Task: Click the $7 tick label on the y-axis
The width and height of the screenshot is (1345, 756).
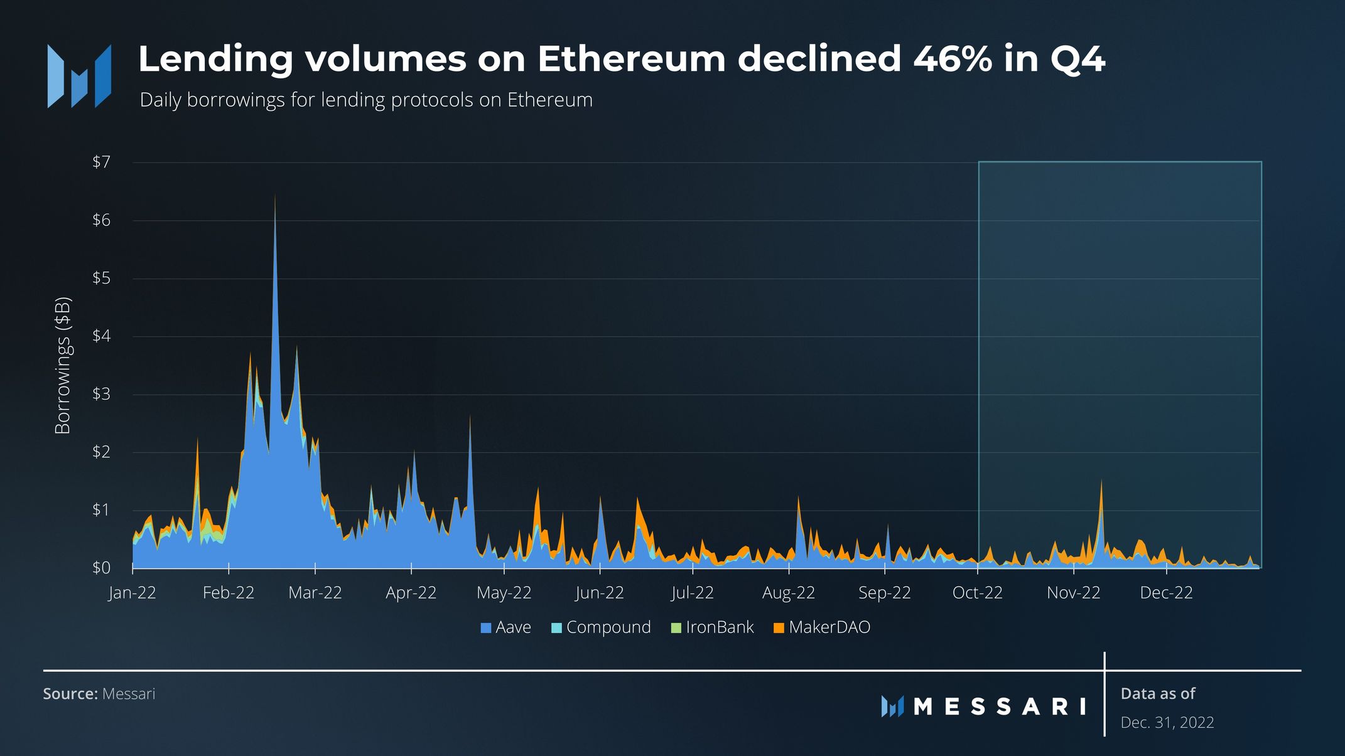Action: click(x=101, y=162)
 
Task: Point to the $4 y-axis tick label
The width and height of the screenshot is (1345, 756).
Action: click(x=101, y=336)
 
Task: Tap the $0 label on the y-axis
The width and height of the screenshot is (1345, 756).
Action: click(x=101, y=568)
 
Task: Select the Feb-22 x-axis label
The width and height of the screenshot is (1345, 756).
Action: click(x=229, y=593)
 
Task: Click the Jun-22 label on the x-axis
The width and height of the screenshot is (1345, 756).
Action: click(x=600, y=593)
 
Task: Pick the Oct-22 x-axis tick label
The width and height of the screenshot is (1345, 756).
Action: click(x=978, y=593)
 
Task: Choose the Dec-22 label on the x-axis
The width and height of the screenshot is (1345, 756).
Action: click(x=1166, y=593)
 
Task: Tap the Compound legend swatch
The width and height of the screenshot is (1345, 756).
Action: click(x=556, y=627)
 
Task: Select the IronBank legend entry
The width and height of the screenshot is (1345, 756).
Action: click(x=713, y=627)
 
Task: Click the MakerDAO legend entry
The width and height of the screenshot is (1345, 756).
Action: click(x=822, y=627)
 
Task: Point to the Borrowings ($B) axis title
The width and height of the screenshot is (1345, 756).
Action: click(x=63, y=366)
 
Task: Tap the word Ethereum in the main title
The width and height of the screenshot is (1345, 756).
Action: click(x=631, y=59)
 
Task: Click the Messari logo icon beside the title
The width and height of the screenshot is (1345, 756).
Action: click(x=80, y=76)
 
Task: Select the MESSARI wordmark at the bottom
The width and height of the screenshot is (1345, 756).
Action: click(x=1000, y=707)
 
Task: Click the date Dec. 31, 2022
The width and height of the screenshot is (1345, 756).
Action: click(x=1167, y=723)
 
